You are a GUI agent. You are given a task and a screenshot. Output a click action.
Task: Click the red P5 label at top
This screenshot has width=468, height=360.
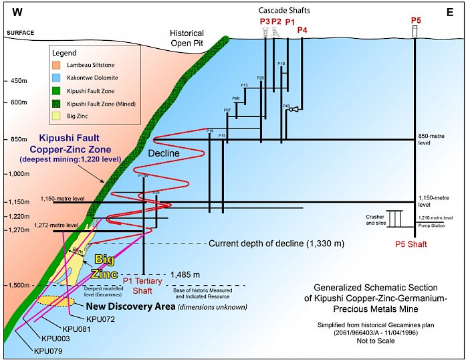(x=415, y=21)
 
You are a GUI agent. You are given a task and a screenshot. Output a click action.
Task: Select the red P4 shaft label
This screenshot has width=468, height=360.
(x=302, y=30)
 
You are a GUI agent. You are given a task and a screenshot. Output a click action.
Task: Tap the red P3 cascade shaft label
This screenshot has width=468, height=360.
(x=265, y=22)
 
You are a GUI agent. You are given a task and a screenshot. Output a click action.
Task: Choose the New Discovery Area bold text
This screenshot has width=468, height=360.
(x=127, y=306)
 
